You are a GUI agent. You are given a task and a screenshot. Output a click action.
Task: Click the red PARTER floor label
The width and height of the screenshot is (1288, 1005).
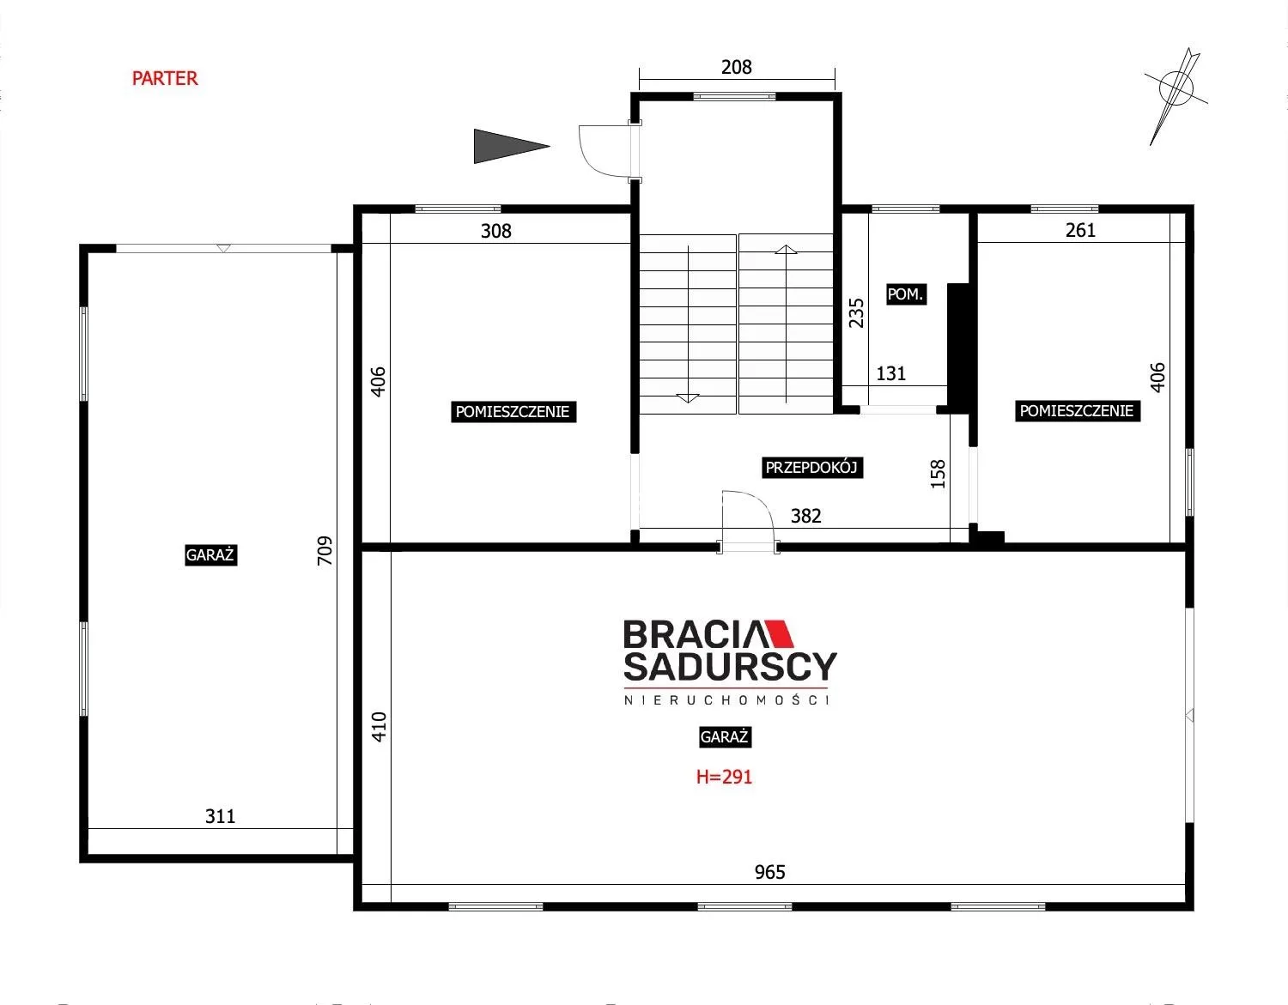point(165,78)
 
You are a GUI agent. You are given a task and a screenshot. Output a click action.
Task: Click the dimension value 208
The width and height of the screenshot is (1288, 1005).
point(736,67)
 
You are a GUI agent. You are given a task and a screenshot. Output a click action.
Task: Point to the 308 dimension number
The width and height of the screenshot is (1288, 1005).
point(495,230)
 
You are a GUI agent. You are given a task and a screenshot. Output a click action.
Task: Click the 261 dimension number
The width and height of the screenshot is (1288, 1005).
point(1080,230)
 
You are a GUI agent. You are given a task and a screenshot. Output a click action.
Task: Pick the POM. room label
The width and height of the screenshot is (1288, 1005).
point(906,294)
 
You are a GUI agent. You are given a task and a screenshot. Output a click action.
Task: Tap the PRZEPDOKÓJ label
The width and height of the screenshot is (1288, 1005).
point(811,467)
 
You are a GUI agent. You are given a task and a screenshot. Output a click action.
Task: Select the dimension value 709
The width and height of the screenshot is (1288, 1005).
point(325,550)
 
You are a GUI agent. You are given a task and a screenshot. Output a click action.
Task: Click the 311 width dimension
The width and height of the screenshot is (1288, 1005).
point(220,816)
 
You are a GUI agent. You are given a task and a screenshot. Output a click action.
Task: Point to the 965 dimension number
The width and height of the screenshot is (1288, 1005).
point(769,872)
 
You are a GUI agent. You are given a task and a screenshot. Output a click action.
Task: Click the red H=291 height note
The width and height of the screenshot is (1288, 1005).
point(724,777)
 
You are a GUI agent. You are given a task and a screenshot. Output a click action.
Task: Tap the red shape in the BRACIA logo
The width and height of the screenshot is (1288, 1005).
point(778,633)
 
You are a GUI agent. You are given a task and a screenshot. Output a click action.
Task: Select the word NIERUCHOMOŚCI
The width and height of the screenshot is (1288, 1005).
point(726,700)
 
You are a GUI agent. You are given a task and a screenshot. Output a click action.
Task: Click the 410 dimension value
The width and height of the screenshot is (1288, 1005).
point(379,727)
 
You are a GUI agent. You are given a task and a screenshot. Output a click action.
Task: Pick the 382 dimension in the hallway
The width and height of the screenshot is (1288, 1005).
point(805,516)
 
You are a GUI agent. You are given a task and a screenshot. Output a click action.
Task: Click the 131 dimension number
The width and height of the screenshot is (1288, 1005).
point(891,373)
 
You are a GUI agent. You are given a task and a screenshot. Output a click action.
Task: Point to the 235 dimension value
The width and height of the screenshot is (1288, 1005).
point(856,312)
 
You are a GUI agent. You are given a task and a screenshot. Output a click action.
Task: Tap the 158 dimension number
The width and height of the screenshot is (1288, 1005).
point(938,474)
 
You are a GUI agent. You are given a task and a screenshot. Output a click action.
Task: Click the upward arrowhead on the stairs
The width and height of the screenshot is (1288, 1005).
point(786,250)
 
